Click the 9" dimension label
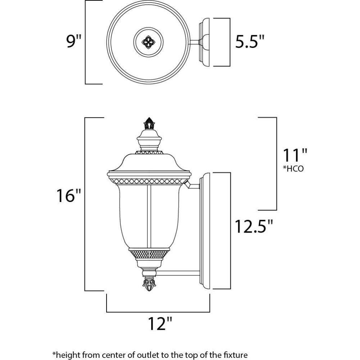(74, 41)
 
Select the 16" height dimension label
(69, 195)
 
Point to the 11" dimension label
(294, 155)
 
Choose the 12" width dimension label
(160, 324)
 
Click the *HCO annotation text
(293, 169)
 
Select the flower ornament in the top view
(148, 42)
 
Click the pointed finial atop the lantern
(149, 123)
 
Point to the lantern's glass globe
(149, 216)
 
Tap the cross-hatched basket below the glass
(149, 254)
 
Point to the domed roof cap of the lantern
(149, 163)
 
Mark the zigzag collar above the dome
(149, 152)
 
